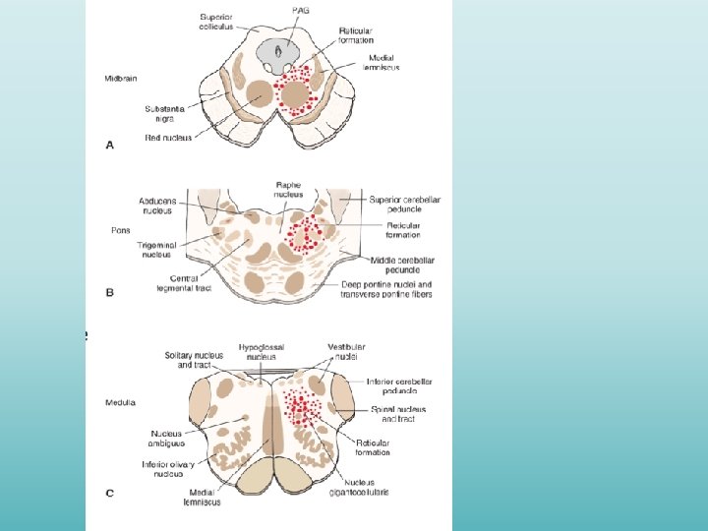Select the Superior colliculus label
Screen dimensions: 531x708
coord(216,23)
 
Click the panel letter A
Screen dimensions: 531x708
coord(110,146)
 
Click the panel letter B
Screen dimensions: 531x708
coord(110,292)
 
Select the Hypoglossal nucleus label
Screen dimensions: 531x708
coord(260,353)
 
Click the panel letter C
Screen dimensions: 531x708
coord(110,493)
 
